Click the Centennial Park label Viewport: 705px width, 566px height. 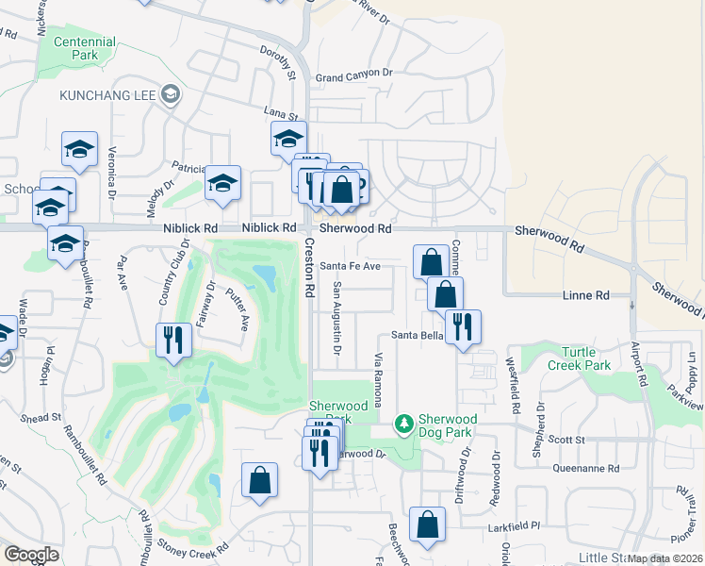pyautogui.click(x=85, y=48)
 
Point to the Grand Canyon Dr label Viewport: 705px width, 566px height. pyautogui.click(x=353, y=74)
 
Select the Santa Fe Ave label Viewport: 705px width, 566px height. pyautogui.click(x=350, y=266)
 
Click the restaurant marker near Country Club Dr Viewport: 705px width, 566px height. pyautogui.click(x=172, y=339)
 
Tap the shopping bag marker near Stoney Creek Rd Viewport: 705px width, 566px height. pyautogui.click(x=259, y=478)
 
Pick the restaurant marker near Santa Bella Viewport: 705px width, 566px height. pyautogui.click(x=463, y=325)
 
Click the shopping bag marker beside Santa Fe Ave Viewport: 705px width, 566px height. pyautogui.click(x=431, y=260)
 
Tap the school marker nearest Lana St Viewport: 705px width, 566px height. pyautogui.click(x=288, y=138)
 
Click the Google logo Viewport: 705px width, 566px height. pyautogui.click(x=31, y=555)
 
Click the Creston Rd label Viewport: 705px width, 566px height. pyautogui.click(x=308, y=269)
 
